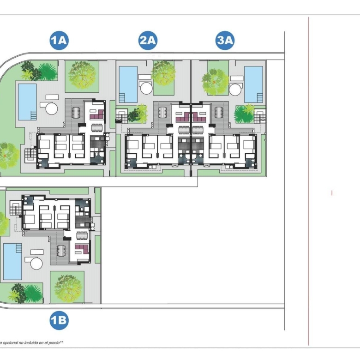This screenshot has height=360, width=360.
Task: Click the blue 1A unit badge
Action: point(59,41)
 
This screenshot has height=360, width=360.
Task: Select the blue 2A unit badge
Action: point(148,41)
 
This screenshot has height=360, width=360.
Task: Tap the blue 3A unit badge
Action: point(225,41)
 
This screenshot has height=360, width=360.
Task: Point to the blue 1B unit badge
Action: point(59,320)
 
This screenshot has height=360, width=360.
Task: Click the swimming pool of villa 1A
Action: point(27,102)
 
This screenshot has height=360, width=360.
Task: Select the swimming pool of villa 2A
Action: point(128,84)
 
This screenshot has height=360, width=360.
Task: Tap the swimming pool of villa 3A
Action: point(253,84)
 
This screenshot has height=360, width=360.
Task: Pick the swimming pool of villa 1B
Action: point(12,262)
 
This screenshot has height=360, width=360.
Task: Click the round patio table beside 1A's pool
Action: point(52,109)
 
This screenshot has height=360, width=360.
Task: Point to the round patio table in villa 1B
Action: point(36,264)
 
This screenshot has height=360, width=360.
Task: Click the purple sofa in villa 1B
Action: point(82,249)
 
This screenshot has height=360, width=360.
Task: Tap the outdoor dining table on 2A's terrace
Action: point(162,112)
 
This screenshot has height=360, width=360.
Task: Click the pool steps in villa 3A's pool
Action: point(260,98)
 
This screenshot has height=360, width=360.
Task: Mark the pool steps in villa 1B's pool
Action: point(19,248)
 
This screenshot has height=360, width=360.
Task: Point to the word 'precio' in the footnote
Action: point(54,343)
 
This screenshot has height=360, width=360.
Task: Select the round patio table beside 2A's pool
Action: point(146,88)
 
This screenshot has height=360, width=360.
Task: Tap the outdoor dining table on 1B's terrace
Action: point(61,251)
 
